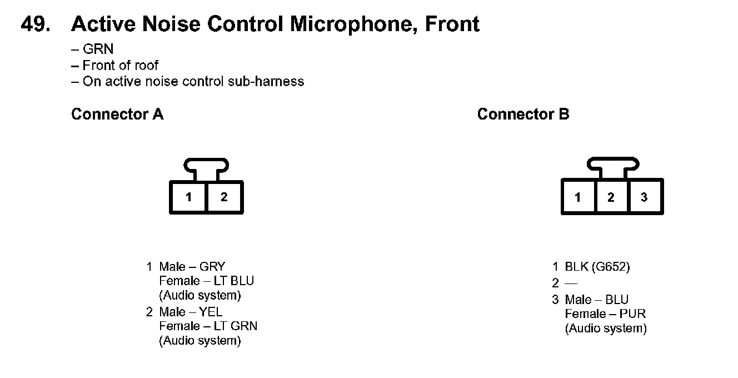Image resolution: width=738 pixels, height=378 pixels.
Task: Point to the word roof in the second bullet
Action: (x=146, y=65)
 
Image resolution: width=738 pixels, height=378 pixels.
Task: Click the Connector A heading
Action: (x=117, y=115)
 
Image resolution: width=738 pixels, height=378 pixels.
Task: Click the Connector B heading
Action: (x=523, y=115)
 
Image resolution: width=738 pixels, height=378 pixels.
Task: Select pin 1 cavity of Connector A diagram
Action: (x=189, y=197)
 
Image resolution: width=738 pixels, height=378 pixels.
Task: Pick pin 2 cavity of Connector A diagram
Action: (x=224, y=197)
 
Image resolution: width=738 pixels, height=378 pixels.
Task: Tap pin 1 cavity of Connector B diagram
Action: (x=578, y=197)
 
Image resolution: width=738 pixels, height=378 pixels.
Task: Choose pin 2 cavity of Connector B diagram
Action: (x=611, y=197)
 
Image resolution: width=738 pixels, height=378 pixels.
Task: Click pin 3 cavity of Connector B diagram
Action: (x=645, y=197)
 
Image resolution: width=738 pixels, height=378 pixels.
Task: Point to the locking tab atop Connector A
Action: (x=206, y=165)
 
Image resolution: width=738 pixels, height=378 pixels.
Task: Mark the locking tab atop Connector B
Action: (x=612, y=165)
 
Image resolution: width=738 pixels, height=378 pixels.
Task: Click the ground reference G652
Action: (x=611, y=267)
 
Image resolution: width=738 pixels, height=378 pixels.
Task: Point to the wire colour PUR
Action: (x=634, y=314)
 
